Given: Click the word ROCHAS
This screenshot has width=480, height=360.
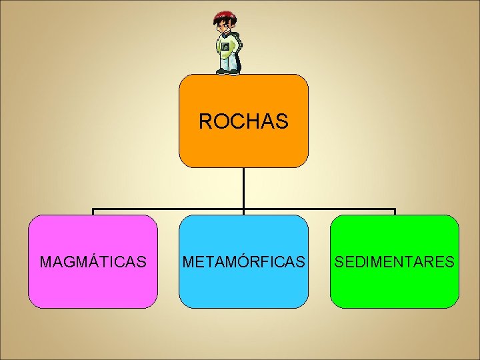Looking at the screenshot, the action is click(243, 121).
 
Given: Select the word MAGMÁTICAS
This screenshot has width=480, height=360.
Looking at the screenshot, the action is click(93, 261).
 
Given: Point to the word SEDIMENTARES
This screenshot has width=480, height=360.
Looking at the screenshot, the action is click(395, 261).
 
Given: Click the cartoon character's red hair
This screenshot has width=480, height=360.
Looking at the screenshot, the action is click(224, 15).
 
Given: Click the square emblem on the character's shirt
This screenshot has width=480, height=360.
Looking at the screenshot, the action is click(225, 47).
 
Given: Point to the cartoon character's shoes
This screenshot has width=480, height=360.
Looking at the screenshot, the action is click(227, 71).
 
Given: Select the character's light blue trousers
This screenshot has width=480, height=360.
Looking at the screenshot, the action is click(227, 62).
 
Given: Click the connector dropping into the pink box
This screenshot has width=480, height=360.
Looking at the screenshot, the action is click(93, 212).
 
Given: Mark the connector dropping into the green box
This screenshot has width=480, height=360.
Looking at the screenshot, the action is click(395, 212).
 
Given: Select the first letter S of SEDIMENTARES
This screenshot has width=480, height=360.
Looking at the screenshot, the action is click(339, 261).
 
